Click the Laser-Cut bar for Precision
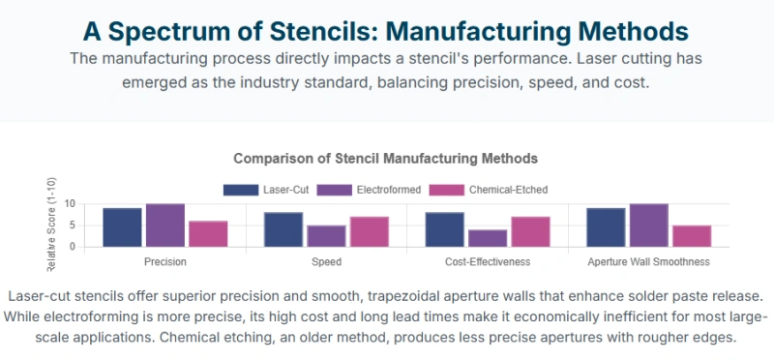[x=122, y=227]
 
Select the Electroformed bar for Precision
[x=165, y=225]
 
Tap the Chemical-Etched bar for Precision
[x=208, y=234]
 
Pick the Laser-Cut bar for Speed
[x=283, y=229]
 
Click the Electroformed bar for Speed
[x=327, y=236]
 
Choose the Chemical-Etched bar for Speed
[x=370, y=231]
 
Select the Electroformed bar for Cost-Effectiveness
[x=488, y=238]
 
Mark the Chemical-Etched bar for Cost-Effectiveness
[x=530, y=231]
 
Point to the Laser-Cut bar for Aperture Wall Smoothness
[x=606, y=227]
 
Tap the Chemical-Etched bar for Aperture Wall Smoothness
[x=692, y=236]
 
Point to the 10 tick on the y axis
[x=70, y=204]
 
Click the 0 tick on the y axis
[x=73, y=247]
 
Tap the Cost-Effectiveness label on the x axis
[x=488, y=262]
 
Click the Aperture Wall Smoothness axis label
[x=649, y=262]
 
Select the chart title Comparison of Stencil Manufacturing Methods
[x=385, y=158]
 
